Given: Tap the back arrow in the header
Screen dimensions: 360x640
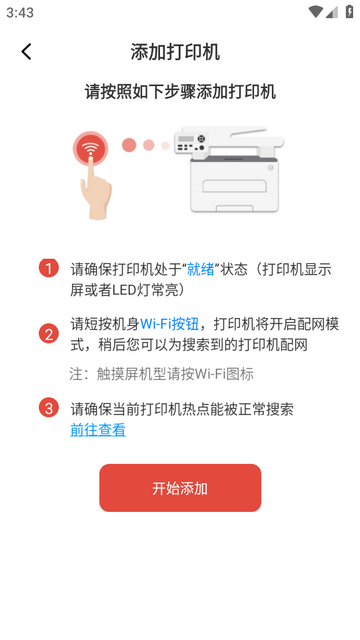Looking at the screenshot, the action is [x=27, y=52].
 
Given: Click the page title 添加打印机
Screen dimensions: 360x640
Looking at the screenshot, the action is [x=176, y=52].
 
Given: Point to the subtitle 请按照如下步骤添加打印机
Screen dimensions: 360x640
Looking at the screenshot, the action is [x=180, y=92].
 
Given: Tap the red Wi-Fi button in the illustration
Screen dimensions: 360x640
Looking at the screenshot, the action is [x=91, y=149].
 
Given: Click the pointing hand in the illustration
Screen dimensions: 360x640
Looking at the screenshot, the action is [x=95, y=188].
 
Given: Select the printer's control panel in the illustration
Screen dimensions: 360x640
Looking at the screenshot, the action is [x=191, y=142].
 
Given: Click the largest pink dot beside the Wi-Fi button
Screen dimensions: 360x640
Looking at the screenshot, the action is [x=129, y=145].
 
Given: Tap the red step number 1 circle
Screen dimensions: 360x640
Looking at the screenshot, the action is [x=49, y=269].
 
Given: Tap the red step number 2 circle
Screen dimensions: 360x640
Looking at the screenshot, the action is [x=49, y=334].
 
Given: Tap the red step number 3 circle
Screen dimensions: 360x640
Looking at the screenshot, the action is [x=49, y=408].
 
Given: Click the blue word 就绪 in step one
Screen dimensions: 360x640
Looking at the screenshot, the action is [x=200, y=269].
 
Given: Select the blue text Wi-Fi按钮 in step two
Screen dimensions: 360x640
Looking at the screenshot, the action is [x=169, y=324].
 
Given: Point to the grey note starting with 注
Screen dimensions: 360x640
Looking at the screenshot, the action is [x=162, y=374].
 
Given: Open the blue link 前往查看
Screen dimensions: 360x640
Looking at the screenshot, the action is [x=98, y=430].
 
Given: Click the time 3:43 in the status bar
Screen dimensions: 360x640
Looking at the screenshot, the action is [x=20, y=13].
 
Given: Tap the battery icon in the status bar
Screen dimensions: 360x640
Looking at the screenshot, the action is [x=349, y=12].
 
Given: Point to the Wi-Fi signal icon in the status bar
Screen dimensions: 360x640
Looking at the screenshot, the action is [x=316, y=12].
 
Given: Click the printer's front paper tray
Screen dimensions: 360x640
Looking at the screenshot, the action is [x=234, y=187].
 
